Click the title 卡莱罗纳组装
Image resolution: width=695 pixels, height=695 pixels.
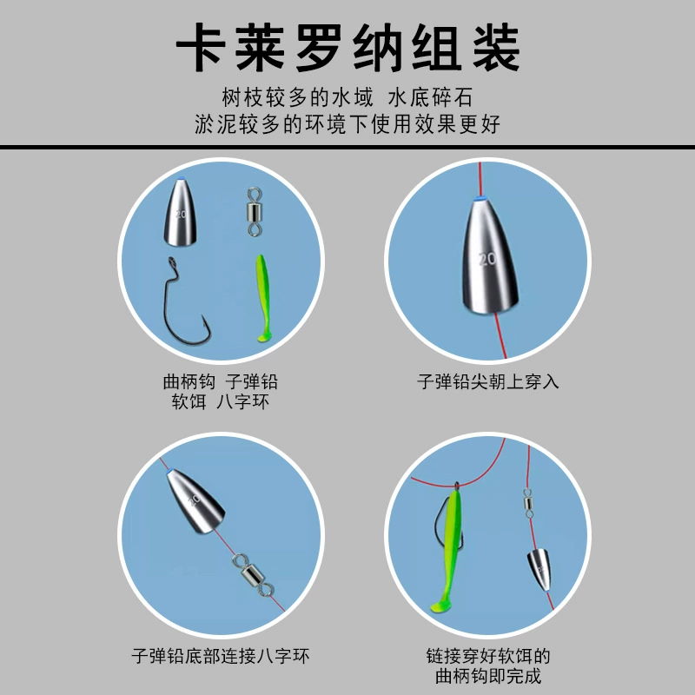tap(348, 48)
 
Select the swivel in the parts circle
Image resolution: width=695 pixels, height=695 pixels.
tap(255, 211)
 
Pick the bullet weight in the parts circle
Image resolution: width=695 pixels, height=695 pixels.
tap(181, 212)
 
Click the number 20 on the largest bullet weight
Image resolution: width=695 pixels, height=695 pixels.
tap(487, 258)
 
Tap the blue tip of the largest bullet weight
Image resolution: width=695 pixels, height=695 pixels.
tap(479, 198)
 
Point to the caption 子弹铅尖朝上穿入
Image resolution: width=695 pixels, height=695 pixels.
tap(487, 381)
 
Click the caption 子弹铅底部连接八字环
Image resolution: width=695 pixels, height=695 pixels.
tap(221, 656)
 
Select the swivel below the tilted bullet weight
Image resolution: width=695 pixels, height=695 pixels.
tap(253, 575)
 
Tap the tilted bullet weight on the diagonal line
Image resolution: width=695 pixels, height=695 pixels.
tap(195, 500)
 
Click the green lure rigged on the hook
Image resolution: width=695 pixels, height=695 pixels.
tap(447, 551)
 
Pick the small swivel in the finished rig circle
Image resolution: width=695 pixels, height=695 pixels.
tap(527, 503)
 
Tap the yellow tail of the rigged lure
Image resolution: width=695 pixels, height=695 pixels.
tap(440, 606)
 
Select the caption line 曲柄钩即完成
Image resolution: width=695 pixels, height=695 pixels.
tap(488, 677)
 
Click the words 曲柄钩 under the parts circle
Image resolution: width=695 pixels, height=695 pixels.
tap(189, 381)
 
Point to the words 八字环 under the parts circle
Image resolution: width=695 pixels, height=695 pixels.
tap(243, 402)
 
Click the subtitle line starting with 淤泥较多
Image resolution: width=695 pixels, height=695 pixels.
tap(347, 123)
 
